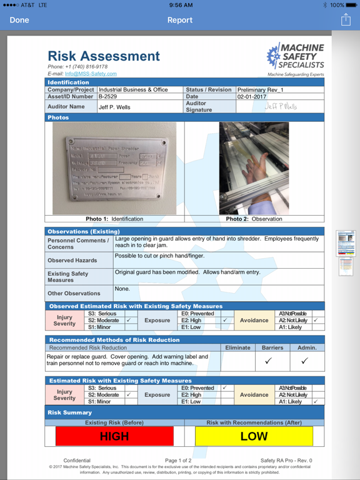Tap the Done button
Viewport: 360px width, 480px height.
[19, 20]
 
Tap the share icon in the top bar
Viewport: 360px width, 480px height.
[346, 20]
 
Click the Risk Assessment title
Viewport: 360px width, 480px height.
[104, 56]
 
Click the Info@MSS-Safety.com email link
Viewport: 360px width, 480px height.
[91, 74]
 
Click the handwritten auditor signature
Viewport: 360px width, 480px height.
[281, 106]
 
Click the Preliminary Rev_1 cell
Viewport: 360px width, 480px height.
[261, 90]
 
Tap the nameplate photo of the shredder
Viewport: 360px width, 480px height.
[115, 167]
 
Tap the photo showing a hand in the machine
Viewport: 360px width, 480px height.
[254, 167]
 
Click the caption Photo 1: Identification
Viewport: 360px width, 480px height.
[114, 219]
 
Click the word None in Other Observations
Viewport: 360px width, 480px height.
[122, 289]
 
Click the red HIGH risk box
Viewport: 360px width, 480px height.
[114, 436]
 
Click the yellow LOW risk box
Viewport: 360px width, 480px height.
[254, 436]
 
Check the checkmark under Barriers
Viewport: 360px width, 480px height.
[268, 361]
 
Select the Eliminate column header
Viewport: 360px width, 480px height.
[237, 347]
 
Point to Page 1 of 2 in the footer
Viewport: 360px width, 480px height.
[179, 461]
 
